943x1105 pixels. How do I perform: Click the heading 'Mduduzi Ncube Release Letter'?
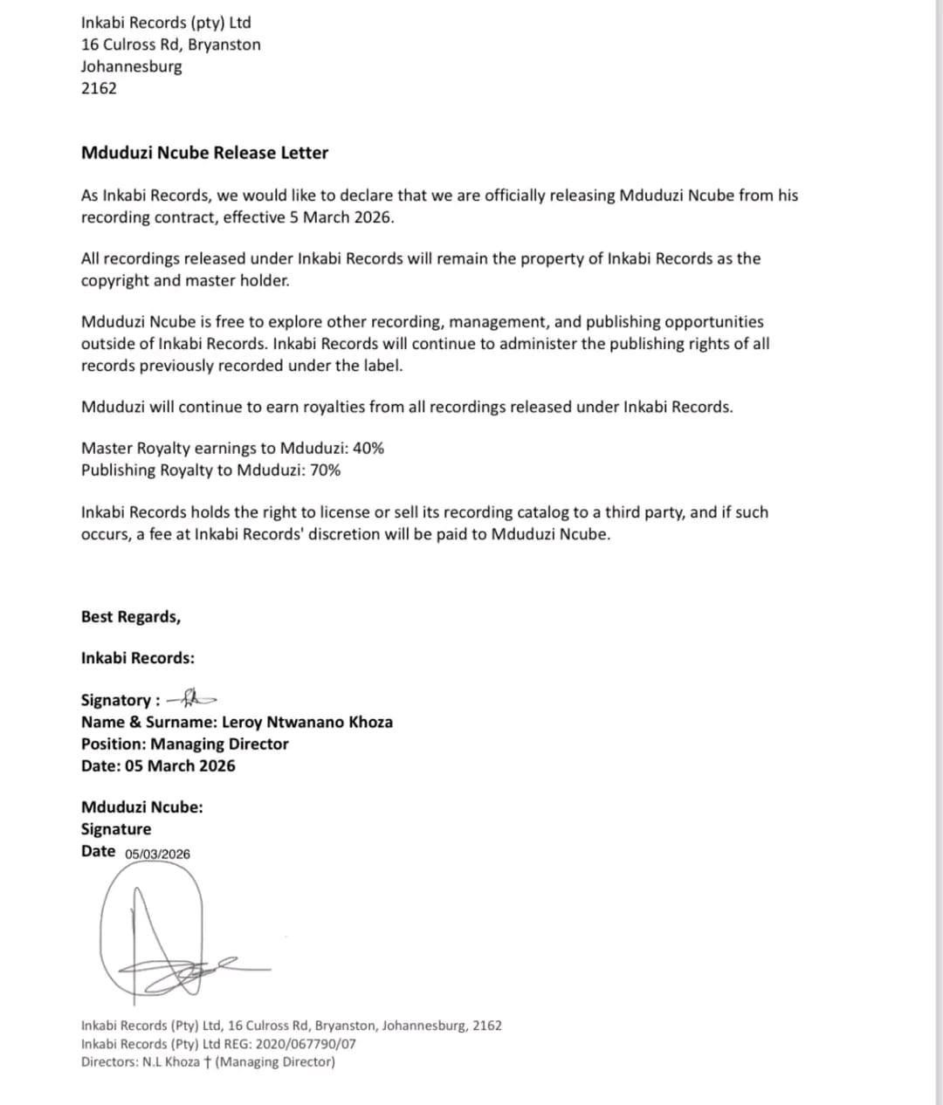point(204,153)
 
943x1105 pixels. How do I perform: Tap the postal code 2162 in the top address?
point(99,88)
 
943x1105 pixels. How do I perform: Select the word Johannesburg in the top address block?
point(132,66)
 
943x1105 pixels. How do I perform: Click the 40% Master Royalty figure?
point(368,449)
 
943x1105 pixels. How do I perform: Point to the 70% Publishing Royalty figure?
point(326,470)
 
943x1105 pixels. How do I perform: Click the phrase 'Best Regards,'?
point(131,617)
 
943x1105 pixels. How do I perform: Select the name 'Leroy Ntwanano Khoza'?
point(307,723)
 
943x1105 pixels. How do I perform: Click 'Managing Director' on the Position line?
point(219,745)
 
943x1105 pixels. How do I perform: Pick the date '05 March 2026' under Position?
point(180,766)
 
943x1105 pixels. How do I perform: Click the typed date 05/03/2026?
point(157,854)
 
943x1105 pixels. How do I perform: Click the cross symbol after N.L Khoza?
point(206,1062)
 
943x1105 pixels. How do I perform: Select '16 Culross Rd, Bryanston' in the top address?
point(170,45)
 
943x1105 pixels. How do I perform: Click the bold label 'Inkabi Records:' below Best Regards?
point(138,658)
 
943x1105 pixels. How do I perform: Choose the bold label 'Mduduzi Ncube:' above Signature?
point(142,807)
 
